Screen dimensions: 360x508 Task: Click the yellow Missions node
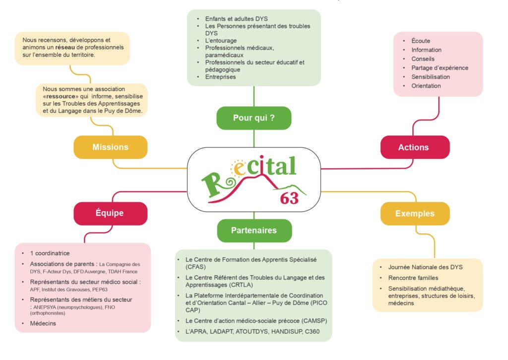[x=110, y=147]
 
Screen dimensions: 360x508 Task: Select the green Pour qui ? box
[x=254, y=118]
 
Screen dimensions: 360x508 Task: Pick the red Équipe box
[x=110, y=213]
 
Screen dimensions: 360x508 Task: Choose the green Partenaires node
[x=254, y=230]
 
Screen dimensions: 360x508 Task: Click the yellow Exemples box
[x=415, y=214]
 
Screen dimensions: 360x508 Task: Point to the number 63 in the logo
[x=289, y=198]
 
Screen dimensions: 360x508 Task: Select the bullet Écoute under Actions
[x=421, y=41]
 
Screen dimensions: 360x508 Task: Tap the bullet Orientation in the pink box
[x=426, y=86]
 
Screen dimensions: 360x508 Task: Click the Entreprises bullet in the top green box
[x=220, y=77]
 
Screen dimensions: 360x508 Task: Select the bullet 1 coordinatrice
[x=50, y=253]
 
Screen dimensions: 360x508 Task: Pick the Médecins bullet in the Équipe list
[x=43, y=323]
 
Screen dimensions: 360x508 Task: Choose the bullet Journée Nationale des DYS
[x=425, y=267]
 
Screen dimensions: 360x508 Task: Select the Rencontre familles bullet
[x=413, y=278]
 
